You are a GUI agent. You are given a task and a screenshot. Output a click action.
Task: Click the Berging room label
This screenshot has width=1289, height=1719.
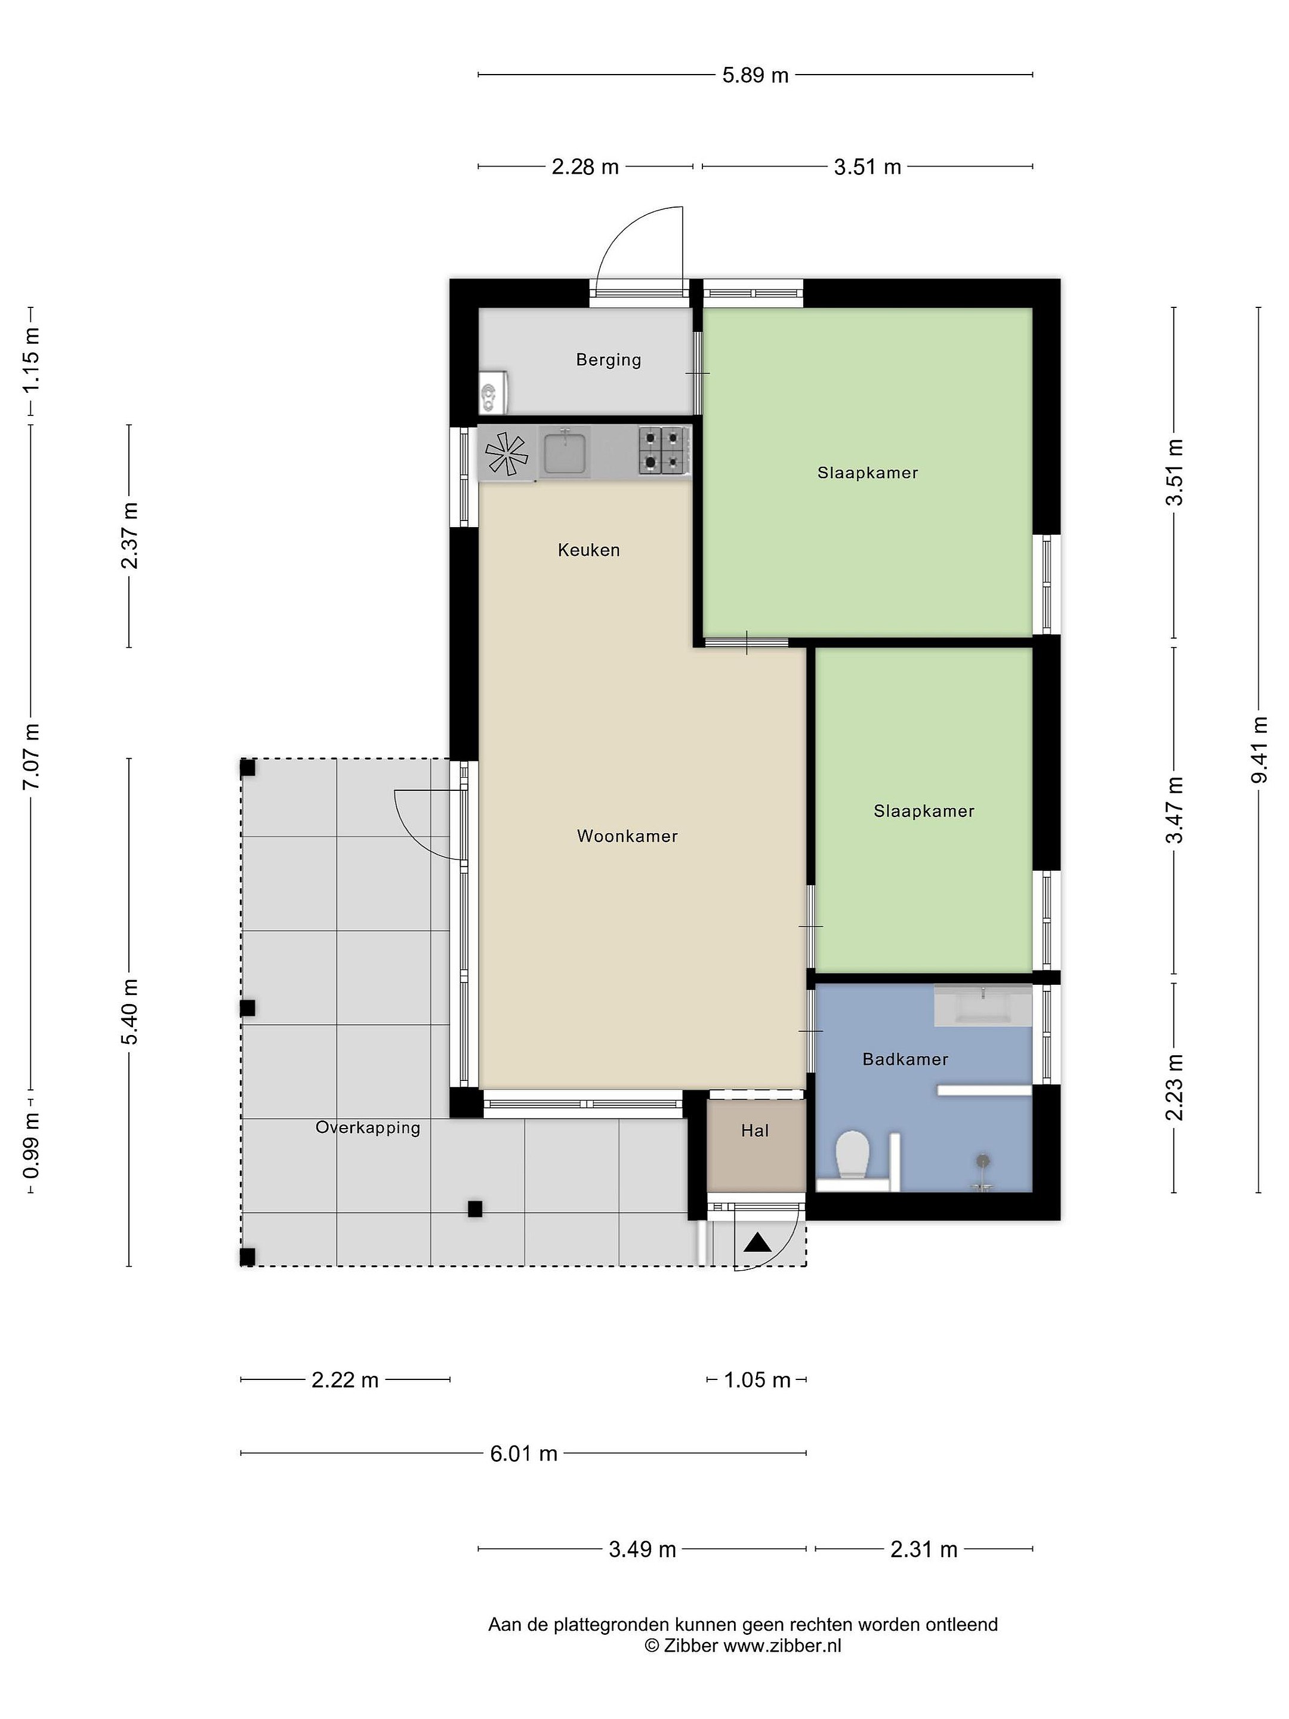click(x=608, y=360)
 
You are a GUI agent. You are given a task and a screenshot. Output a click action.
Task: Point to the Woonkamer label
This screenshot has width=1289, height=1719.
click(x=627, y=836)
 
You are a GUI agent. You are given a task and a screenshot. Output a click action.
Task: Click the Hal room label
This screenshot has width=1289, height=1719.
click(x=754, y=1130)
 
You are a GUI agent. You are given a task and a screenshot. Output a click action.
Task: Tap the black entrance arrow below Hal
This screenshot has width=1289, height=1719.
click(x=757, y=1243)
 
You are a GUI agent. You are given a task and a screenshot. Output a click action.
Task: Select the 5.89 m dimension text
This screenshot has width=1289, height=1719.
click(x=755, y=75)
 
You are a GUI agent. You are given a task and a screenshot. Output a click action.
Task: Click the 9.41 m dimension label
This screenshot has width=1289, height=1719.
click(x=1260, y=750)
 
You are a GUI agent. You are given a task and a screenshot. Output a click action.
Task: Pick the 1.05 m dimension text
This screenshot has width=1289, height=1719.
click(x=757, y=1380)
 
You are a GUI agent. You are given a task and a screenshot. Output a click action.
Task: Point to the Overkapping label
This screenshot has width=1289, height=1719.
click(x=368, y=1127)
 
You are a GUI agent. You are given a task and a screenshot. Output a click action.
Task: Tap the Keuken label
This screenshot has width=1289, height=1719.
click(x=589, y=550)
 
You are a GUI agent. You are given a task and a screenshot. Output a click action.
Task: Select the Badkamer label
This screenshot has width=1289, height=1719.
click(x=905, y=1059)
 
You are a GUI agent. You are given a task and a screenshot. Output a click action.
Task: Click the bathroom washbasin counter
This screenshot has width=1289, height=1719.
click(x=983, y=1006)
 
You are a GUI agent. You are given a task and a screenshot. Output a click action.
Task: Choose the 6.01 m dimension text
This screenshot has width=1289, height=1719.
click(x=524, y=1453)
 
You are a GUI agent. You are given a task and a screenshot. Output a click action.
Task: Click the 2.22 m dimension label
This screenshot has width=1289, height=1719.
click(x=345, y=1380)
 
